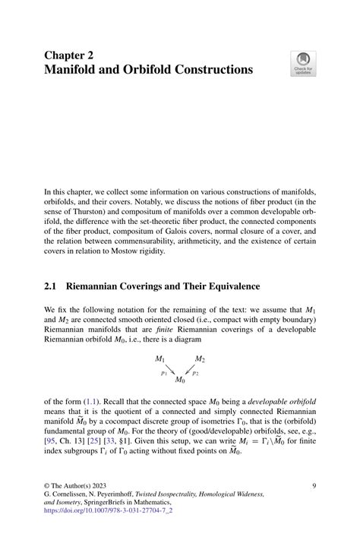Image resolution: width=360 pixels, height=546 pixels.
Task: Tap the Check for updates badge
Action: pos(303,64)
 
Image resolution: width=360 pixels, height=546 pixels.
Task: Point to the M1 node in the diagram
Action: pos(160,358)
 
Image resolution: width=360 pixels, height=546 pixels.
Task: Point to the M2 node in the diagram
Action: pos(200,358)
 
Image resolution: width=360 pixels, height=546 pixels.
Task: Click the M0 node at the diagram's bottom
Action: pos(180,379)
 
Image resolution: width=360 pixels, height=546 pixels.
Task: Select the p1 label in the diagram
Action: pos(164,373)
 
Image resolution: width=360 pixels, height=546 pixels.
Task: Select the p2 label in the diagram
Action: pos(195,373)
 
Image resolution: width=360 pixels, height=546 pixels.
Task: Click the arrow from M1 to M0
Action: pos(170,369)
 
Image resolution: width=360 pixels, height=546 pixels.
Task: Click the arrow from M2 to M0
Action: pos(190,369)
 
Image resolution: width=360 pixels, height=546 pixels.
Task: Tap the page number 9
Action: pos(314,484)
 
